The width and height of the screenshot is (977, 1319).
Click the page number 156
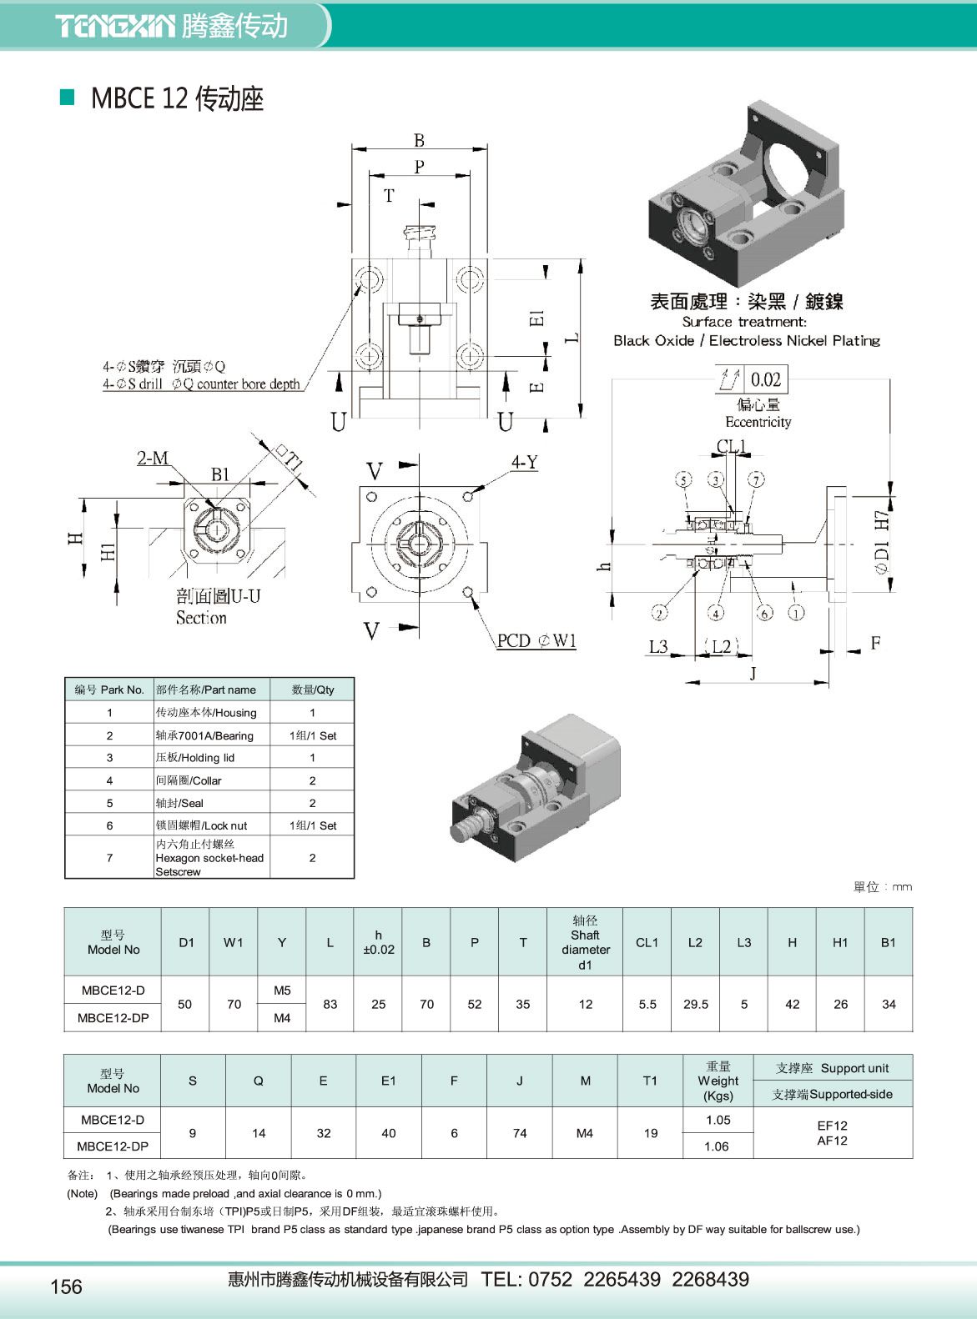click(x=67, y=1286)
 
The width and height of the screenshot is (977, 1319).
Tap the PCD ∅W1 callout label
click(x=536, y=640)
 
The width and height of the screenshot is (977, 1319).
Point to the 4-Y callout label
click(x=525, y=462)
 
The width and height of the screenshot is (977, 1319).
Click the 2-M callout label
click(x=153, y=458)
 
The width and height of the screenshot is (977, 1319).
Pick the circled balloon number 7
click(x=756, y=479)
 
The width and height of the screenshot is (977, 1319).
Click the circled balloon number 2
click(x=659, y=613)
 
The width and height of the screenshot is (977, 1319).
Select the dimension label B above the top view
click(x=419, y=141)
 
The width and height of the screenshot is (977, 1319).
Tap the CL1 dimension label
click(x=733, y=446)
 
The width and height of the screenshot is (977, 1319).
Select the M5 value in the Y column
click(x=282, y=991)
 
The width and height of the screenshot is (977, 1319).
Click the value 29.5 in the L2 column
click(x=696, y=1004)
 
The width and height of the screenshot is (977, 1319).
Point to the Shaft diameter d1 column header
click(x=585, y=942)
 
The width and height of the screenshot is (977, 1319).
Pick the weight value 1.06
click(x=717, y=1146)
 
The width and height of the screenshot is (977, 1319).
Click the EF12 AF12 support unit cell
click(x=832, y=1132)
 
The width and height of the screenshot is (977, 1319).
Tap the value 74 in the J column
click(x=520, y=1132)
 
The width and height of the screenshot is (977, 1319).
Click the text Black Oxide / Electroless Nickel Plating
click(x=746, y=340)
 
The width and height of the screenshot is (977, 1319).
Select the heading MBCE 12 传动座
click(x=177, y=98)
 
